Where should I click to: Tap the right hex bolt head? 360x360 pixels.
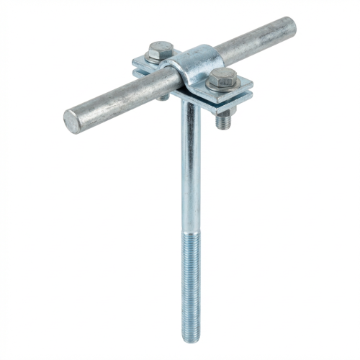click(222, 79)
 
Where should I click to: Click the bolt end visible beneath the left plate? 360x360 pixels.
click(164, 94)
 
